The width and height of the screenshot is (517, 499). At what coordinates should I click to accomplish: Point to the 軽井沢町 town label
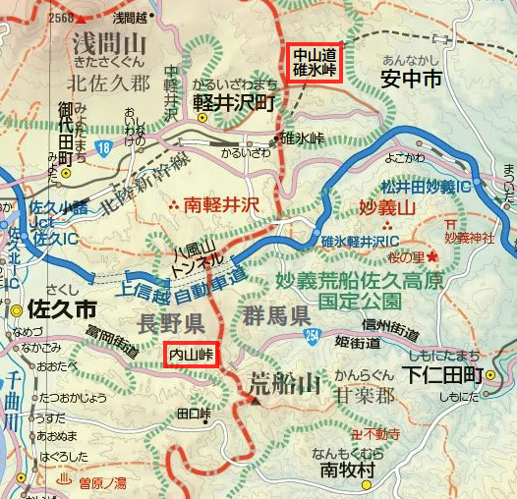click(x=234, y=100)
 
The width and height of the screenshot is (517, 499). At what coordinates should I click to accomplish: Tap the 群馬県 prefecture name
click(x=273, y=316)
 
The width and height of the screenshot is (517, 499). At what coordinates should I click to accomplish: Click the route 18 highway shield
click(x=103, y=148)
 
